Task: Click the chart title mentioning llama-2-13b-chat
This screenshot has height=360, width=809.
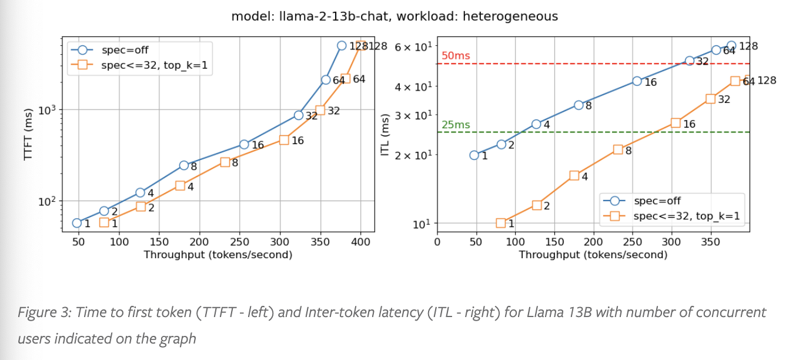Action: [395, 16]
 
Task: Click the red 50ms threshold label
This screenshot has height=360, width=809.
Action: [456, 56]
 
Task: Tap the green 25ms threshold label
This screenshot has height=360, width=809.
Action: [456, 125]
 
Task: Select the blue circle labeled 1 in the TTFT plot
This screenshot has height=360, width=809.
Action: [77, 223]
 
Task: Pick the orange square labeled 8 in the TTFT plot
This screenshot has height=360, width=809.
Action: [225, 162]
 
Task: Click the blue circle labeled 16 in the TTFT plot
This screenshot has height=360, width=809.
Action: [245, 144]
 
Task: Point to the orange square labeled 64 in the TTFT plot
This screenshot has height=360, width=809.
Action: [346, 78]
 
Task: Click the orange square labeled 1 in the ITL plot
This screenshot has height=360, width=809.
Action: [501, 223]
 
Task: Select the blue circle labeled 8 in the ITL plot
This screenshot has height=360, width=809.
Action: [579, 105]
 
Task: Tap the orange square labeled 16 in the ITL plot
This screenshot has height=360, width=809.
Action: [676, 123]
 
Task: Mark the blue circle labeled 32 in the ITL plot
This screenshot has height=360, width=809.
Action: [690, 61]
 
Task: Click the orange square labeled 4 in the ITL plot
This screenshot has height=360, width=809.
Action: [574, 175]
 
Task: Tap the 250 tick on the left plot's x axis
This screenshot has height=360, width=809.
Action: [240, 242]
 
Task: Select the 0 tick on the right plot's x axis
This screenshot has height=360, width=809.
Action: [437, 242]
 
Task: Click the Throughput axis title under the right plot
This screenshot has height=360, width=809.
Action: [593, 255]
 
